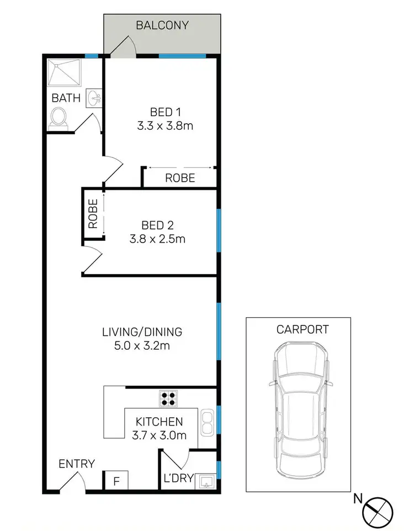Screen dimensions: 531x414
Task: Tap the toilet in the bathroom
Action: [x=59, y=118]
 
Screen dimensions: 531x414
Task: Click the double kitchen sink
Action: [x=206, y=422]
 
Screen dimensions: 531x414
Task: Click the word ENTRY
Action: [x=77, y=464]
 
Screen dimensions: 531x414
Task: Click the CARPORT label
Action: [x=302, y=330]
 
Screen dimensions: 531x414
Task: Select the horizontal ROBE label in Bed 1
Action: [x=180, y=178]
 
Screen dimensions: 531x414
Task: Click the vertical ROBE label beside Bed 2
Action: [x=93, y=214]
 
